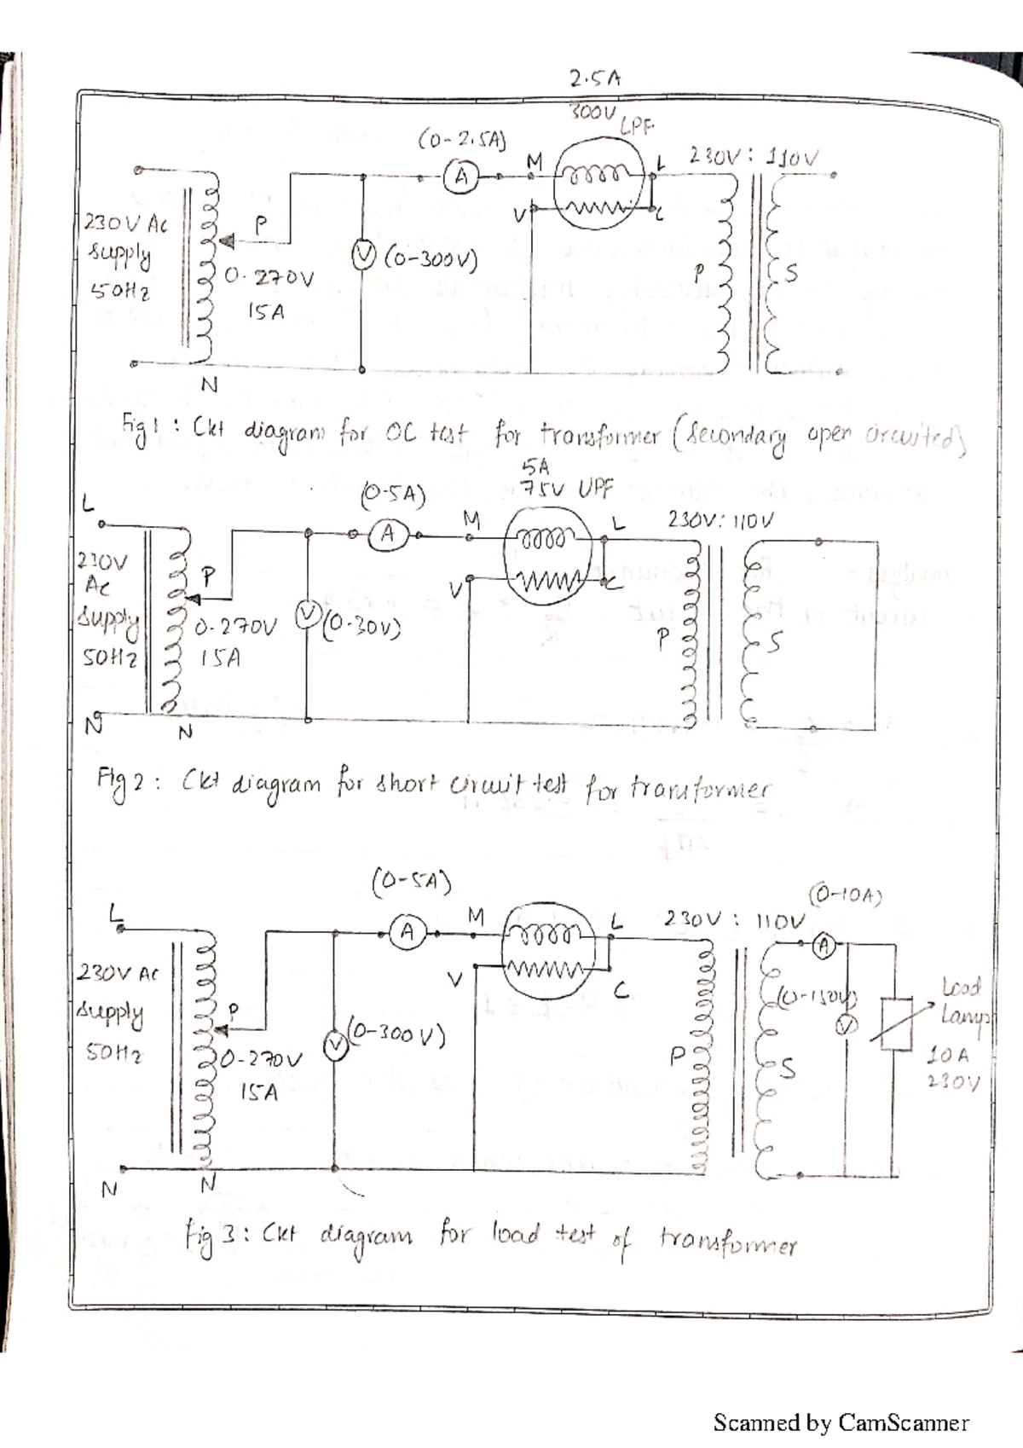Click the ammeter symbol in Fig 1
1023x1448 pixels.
tap(461, 177)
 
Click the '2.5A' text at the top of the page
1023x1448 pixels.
tap(595, 79)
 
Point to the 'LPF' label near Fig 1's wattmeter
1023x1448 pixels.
tap(636, 128)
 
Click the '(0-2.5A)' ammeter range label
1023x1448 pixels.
tap(462, 139)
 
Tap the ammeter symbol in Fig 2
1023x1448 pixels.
tap(388, 535)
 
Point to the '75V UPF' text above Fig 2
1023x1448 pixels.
tap(567, 489)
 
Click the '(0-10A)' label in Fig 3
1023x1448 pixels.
tap(844, 895)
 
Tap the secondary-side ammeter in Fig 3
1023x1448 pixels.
tap(824, 945)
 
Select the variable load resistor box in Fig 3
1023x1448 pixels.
tap(898, 1022)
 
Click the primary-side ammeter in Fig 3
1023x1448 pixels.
tap(407, 932)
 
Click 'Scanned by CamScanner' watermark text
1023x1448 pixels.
tap(841, 1422)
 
